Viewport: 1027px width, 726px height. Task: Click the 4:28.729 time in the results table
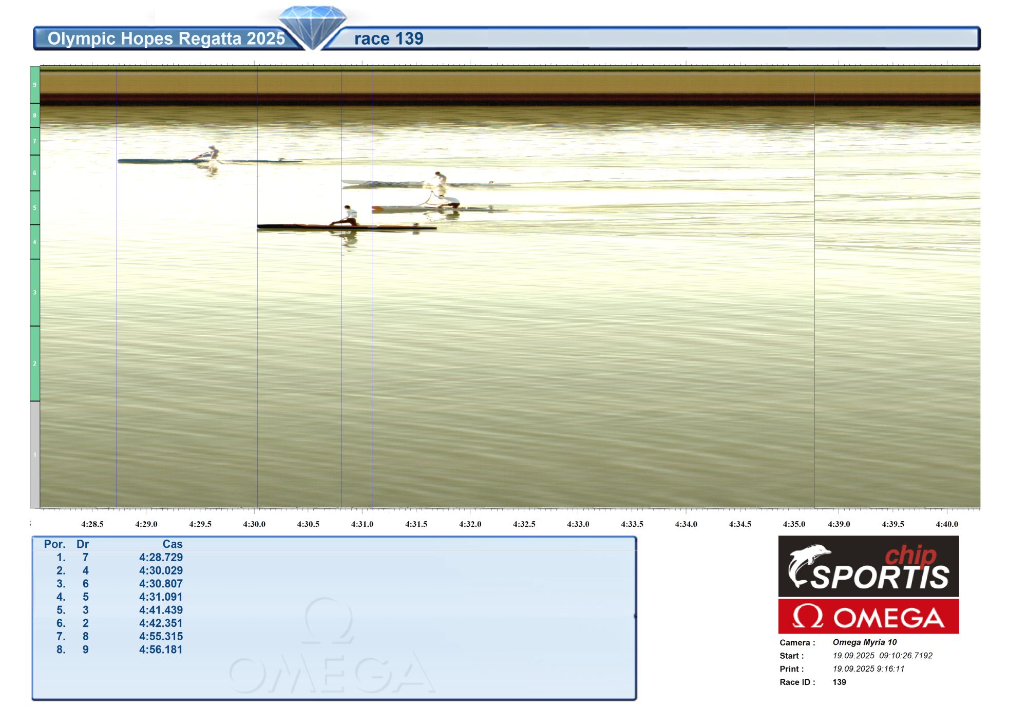(161, 557)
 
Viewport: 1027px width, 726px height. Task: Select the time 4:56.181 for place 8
(161, 649)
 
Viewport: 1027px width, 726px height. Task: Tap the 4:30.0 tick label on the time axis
(254, 524)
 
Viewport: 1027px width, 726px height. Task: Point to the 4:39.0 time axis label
(839, 524)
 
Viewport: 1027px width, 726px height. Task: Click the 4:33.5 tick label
(632, 524)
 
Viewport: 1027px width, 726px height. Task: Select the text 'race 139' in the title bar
(389, 39)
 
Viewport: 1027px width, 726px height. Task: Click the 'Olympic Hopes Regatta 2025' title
(166, 39)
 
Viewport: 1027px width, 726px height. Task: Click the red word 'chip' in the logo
(910, 556)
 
